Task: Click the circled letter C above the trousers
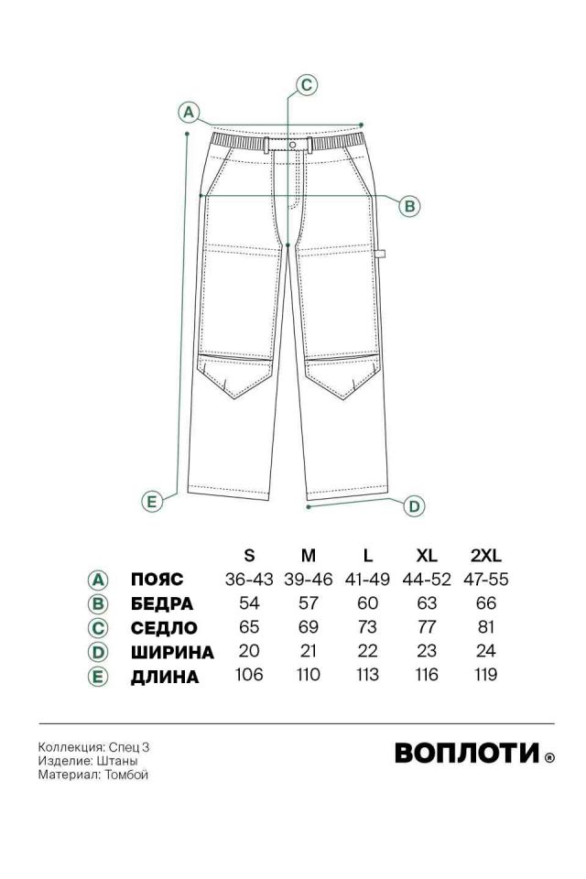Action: coord(306,84)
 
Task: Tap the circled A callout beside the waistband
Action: coord(189,112)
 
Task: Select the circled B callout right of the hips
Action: coord(409,206)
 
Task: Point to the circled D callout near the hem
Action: coord(414,506)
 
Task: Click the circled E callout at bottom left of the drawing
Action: coord(151,501)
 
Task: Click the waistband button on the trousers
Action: coord(293,145)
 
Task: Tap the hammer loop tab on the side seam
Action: coord(381,254)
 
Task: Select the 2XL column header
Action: coord(485,555)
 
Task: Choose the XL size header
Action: coord(427,555)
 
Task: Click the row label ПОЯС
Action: coord(157,579)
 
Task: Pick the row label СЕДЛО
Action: coord(164,628)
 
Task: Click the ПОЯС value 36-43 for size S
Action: coord(249,579)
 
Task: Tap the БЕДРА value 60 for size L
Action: coord(367,603)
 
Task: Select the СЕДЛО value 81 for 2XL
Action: coord(485,626)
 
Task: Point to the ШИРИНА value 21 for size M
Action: coord(309,651)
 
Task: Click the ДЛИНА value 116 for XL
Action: coord(427,675)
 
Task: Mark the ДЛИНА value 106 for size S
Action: coord(249,675)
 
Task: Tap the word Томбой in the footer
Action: coord(126,775)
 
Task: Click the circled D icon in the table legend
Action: coord(98,652)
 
